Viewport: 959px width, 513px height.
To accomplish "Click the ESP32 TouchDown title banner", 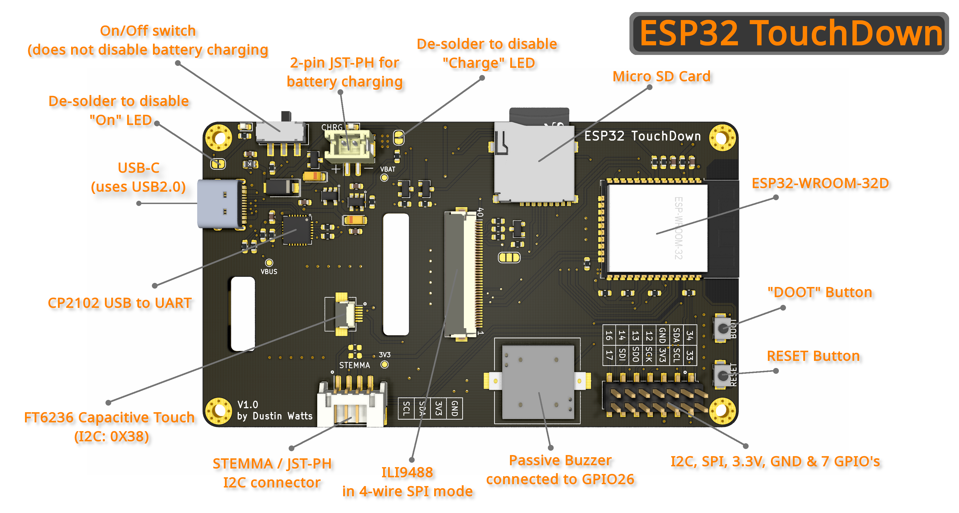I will point(789,34).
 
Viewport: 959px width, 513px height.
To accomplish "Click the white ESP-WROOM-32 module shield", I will point(657,228).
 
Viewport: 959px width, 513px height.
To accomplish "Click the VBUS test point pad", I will point(269,263).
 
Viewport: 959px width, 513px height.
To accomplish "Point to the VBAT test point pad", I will point(384,178).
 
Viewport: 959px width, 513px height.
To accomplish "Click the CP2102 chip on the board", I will point(297,230).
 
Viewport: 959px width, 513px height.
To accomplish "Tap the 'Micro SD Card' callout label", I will point(661,76).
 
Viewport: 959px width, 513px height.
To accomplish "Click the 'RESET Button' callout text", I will point(813,356).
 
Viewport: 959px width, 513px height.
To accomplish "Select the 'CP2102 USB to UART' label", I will point(119,303).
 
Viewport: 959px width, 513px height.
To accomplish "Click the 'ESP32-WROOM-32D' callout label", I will point(820,183).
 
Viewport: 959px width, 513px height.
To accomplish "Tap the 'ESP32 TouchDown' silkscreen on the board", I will point(642,136).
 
